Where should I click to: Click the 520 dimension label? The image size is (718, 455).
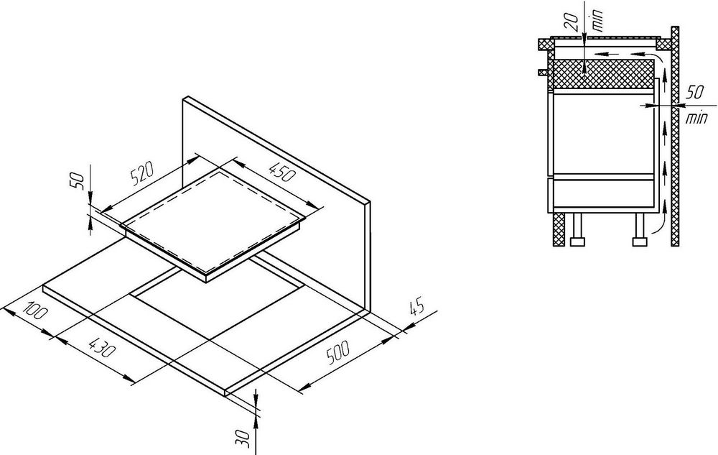(142, 173)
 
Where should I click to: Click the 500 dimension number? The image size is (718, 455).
(338, 352)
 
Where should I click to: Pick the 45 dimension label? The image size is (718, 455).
(416, 307)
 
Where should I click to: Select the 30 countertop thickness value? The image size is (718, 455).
(245, 438)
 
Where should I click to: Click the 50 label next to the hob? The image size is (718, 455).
(77, 180)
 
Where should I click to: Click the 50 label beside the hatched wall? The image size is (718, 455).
(695, 92)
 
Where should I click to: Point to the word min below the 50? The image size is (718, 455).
(696, 119)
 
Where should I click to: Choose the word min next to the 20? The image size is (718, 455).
(598, 20)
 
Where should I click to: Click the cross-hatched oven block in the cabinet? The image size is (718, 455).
(604, 74)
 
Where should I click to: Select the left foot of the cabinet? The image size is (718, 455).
(577, 229)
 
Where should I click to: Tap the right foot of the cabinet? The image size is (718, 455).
(640, 229)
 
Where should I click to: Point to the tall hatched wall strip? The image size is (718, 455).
(674, 136)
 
